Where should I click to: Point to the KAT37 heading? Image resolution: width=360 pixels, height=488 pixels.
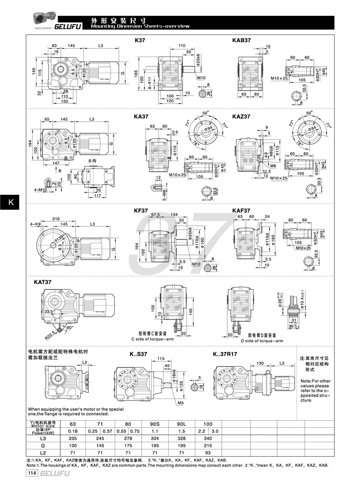click(43, 282)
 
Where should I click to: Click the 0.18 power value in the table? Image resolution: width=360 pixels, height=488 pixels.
click(73, 431)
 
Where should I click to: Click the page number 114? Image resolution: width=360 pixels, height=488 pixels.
click(32, 474)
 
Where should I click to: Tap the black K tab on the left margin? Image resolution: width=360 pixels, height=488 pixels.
click(10, 202)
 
